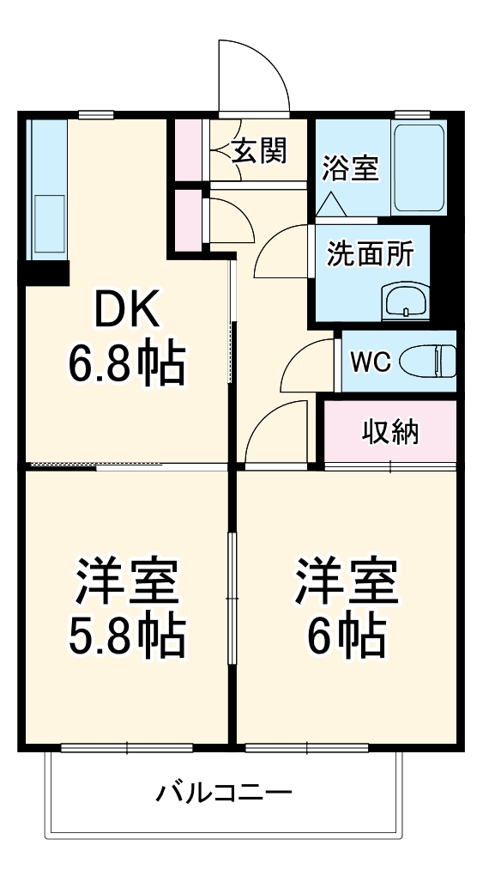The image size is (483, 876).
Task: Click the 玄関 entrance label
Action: tap(260, 152)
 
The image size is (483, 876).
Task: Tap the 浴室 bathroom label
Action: tap(350, 167)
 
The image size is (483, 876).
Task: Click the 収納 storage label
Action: tap(390, 433)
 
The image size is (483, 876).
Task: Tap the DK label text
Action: tap(126, 312)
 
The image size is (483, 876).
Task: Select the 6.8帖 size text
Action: tap(126, 365)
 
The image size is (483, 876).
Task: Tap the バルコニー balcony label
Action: tap(224, 792)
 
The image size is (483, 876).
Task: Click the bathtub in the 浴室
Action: tap(419, 168)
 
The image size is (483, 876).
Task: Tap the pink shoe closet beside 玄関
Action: tap(188, 149)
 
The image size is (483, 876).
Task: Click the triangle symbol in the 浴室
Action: tap(330, 204)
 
